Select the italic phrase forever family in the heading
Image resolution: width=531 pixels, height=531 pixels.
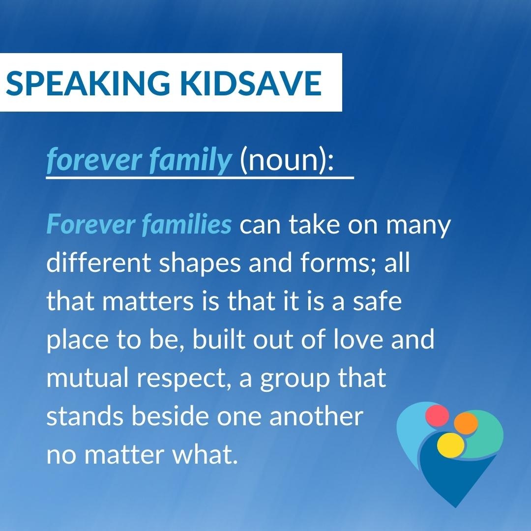[139, 160]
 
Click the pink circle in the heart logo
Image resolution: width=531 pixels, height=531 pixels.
[437, 416]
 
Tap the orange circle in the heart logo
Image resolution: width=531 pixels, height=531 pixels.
[466, 423]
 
